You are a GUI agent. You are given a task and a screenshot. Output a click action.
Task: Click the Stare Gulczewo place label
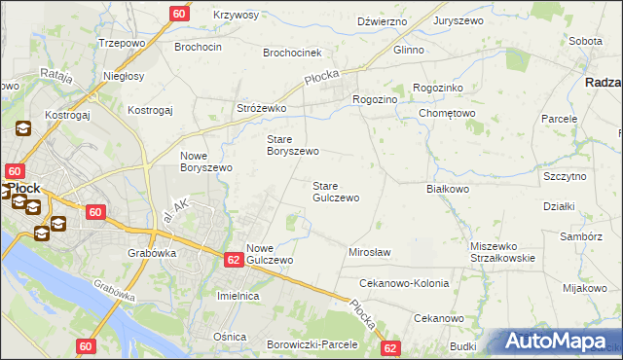(x=336, y=191)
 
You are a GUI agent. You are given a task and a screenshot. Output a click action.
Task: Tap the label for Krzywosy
(x=237, y=15)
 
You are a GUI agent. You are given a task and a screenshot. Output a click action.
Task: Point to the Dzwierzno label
(x=382, y=19)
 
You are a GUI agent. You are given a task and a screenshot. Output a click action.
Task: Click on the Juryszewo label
(x=458, y=19)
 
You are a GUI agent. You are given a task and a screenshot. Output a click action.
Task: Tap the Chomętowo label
(x=447, y=113)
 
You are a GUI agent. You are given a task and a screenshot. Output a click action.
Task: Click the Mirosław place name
(x=369, y=252)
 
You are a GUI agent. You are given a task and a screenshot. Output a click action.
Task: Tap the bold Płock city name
(x=20, y=189)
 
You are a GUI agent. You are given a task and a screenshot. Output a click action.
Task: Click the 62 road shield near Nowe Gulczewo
(x=233, y=260)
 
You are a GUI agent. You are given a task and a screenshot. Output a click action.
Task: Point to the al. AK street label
(x=176, y=206)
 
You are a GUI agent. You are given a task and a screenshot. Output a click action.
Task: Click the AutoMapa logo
(x=559, y=342)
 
